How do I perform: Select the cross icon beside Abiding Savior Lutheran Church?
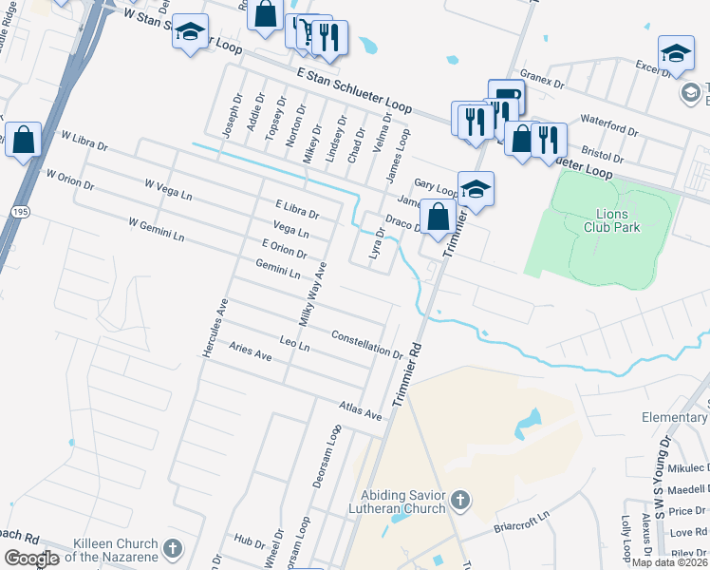[x=458, y=500]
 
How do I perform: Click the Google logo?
[x=31, y=559]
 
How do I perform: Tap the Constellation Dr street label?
[x=367, y=344]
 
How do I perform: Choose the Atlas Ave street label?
[x=360, y=410]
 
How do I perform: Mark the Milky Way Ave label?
[x=312, y=294]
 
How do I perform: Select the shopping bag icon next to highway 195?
[x=23, y=141]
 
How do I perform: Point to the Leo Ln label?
[x=294, y=344]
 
